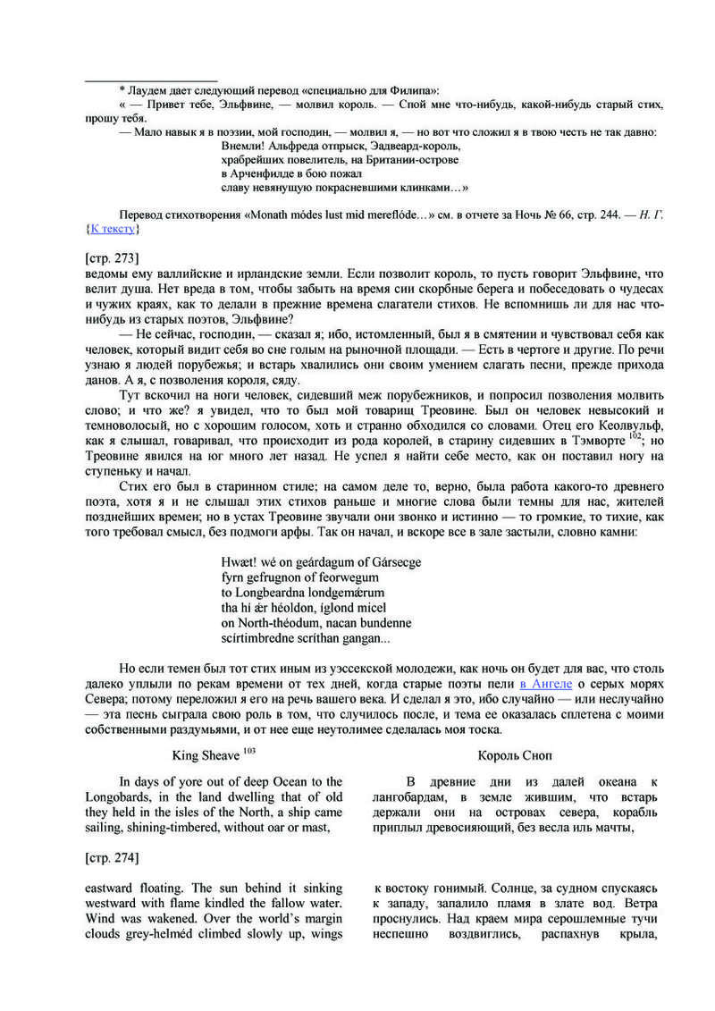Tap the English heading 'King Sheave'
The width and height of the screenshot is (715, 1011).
[205, 754]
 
